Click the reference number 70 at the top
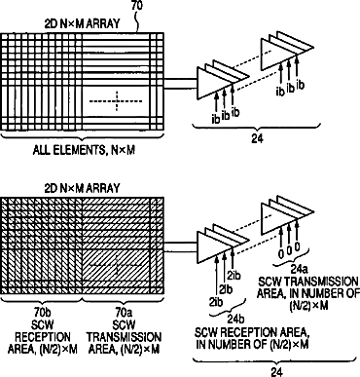click(x=137, y=6)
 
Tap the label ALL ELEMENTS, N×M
click(x=84, y=150)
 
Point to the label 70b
click(x=43, y=313)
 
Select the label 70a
click(x=124, y=313)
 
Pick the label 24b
click(x=235, y=320)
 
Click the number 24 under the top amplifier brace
click(x=257, y=138)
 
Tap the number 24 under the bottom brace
click(x=276, y=372)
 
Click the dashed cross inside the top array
click(x=116, y=101)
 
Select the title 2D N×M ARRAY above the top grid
click(x=82, y=24)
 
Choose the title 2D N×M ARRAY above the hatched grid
click(x=82, y=188)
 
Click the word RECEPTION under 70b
click(x=43, y=337)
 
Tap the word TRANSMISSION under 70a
click(x=124, y=337)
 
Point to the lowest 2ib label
click(x=216, y=302)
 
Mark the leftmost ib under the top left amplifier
click(x=216, y=119)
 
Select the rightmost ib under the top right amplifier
click(x=301, y=86)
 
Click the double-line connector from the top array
click(x=180, y=84)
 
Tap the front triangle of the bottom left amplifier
click(x=215, y=246)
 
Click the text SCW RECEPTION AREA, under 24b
click(x=251, y=332)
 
